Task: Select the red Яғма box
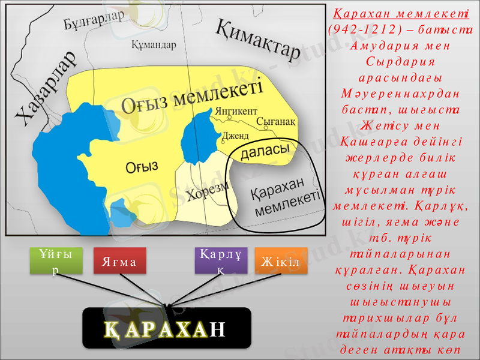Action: tap(120, 262)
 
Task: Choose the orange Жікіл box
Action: tap(281, 262)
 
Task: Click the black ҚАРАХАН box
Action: tap(166, 328)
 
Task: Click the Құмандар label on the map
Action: tap(153, 44)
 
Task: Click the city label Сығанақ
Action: tap(276, 121)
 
